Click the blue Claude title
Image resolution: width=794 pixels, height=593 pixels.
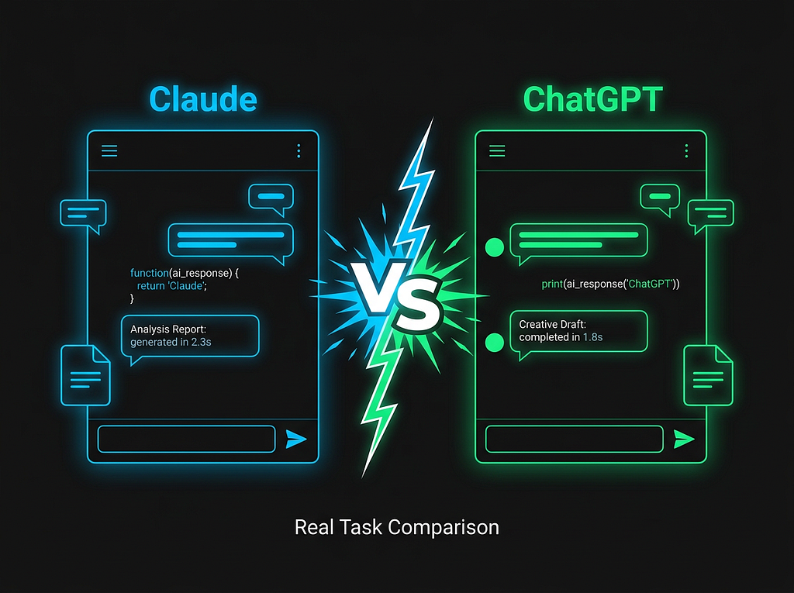click(x=203, y=98)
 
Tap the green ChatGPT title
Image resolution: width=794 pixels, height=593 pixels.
click(x=593, y=98)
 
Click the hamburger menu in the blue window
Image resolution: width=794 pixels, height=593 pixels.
click(x=109, y=150)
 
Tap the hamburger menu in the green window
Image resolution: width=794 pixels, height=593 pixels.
click(x=497, y=150)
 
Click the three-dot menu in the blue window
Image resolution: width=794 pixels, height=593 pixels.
click(x=299, y=150)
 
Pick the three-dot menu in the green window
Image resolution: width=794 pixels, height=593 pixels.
click(x=687, y=150)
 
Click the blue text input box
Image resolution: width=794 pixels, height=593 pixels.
click(x=186, y=439)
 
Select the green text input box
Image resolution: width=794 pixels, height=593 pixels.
click(x=575, y=439)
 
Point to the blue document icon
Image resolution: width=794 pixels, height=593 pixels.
click(x=85, y=375)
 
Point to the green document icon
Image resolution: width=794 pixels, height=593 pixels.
click(x=709, y=375)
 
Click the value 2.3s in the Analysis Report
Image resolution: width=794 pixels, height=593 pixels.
click(x=201, y=343)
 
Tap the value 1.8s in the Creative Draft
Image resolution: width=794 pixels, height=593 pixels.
click(x=593, y=337)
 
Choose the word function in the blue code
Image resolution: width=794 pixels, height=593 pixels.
click(x=150, y=273)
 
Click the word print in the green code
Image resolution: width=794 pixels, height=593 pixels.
click(x=552, y=284)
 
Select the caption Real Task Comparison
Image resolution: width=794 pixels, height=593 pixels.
click(x=397, y=528)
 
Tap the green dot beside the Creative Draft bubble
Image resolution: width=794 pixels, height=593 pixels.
click(x=494, y=343)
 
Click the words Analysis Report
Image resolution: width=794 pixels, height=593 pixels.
click(x=168, y=329)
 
